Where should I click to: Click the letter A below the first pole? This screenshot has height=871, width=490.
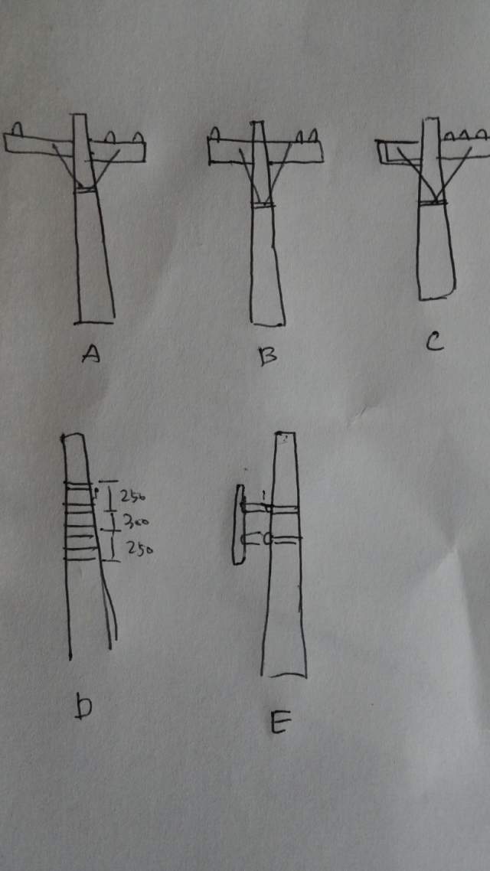91,353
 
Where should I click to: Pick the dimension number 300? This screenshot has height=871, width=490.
132,523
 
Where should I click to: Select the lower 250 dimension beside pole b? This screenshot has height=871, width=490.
139,550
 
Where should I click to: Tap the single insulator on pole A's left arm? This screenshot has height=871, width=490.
17,129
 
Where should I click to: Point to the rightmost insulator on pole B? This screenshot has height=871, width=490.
313,135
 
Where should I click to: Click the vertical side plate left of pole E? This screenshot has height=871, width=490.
239,524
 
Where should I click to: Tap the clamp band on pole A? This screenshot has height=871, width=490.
86,190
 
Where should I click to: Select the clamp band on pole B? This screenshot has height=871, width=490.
263,205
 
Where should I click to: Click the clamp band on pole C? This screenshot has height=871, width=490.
434,202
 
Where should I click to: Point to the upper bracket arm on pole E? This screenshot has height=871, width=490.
270,507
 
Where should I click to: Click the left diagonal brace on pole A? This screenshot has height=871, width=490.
67,165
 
